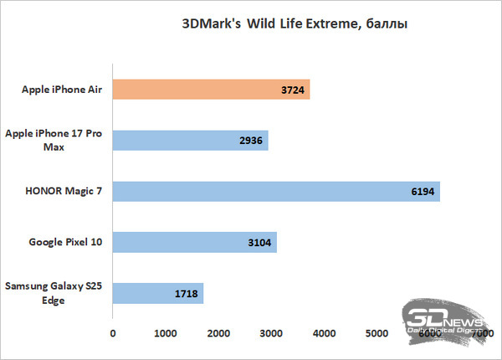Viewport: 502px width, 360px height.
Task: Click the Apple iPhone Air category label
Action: click(59, 88)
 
